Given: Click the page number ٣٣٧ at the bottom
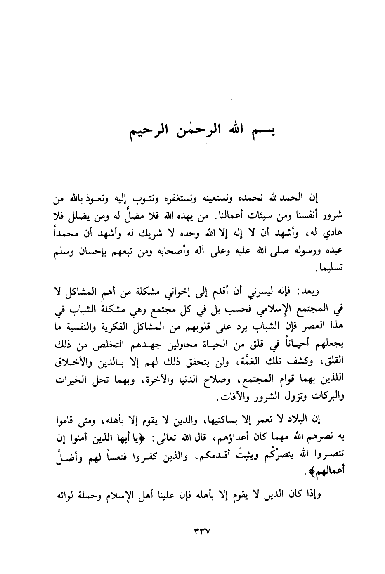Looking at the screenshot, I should (x=201, y=532).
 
